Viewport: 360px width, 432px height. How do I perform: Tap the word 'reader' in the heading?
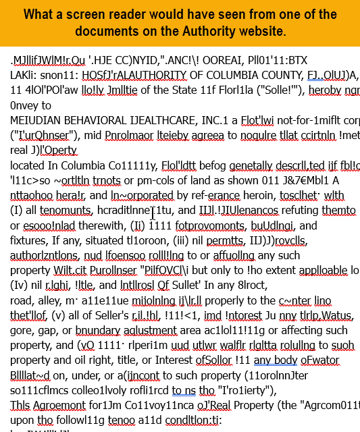point(127,15)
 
